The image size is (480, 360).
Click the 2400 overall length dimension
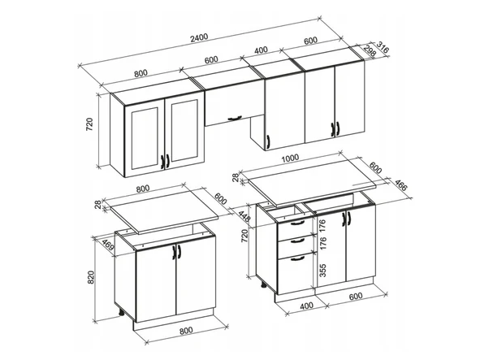(199, 37)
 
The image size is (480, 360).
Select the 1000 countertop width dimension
(290, 158)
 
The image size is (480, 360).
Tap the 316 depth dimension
(383, 47)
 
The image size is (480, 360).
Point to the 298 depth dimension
(370, 50)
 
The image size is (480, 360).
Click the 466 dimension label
(400, 185)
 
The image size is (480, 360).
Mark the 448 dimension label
(246, 218)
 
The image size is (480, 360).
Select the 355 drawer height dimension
(322, 271)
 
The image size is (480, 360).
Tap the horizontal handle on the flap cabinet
(235, 118)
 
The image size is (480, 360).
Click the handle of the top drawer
(297, 223)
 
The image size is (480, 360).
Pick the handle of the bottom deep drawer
(297, 259)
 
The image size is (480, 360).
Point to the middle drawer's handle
(297, 241)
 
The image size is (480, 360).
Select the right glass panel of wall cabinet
(184, 131)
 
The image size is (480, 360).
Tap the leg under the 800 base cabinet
(121, 312)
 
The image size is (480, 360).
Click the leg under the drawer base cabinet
(263, 284)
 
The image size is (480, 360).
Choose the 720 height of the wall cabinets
(89, 124)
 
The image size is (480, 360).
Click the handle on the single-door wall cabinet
(268, 142)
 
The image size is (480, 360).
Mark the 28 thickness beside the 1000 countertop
(236, 177)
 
